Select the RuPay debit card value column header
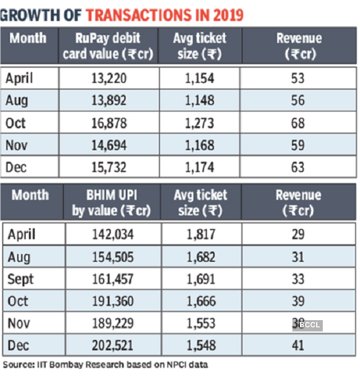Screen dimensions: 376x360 coord(109,46)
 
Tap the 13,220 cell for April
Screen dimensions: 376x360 coord(108,79)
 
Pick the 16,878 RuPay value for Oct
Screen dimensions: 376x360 coord(108,124)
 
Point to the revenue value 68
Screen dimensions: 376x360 coord(298,124)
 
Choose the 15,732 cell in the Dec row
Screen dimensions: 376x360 coord(108,168)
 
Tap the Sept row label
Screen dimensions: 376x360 coord(21,279)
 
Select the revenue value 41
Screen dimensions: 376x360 coord(298,345)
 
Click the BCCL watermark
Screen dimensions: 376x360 coord(309,325)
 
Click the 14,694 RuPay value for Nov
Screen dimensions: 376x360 coord(108,146)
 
